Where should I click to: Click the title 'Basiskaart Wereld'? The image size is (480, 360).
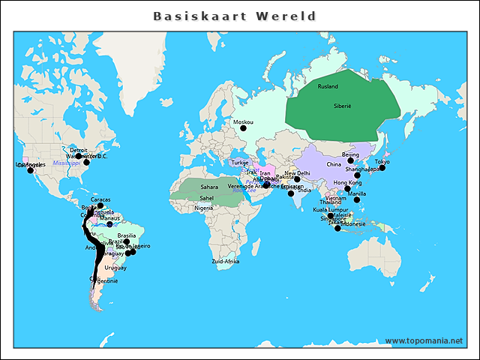pyautogui.click(x=235, y=16)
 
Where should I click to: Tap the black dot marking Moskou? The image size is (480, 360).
pyautogui.click(x=243, y=128)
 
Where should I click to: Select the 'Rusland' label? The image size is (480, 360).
pyautogui.click(x=328, y=86)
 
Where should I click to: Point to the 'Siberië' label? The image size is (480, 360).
pyautogui.click(x=342, y=106)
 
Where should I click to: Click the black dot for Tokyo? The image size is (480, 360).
pyautogui.click(x=382, y=168)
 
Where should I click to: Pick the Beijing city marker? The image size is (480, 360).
pyautogui.click(x=350, y=160)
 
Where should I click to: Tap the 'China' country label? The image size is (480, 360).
pyautogui.click(x=333, y=164)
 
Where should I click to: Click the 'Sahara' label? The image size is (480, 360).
pyautogui.click(x=208, y=187)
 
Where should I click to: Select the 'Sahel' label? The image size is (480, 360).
pyautogui.click(x=206, y=198)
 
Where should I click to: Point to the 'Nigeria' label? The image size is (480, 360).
pyautogui.click(x=203, y=208)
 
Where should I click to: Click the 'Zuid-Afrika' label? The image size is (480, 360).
pyautogui.click(x=225, y=261)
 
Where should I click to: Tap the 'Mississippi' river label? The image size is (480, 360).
pyautogui.click(x=66, y=163)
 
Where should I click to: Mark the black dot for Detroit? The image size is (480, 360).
pyautogui.click(x=79, y=156)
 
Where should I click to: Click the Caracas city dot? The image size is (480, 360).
pyautogui.click(x=100, y=205)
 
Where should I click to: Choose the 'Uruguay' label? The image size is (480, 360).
pyautogui.click(x=115, y=268)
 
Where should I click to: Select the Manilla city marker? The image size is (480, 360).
pyautogui.click(x=357, y=199)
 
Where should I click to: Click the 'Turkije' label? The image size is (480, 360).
pyautogui.click(x=239, y=163)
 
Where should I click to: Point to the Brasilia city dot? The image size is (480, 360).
pyautogui.click(x=126, y=241)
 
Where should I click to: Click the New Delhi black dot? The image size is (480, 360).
pyautogui.click(x=297, y=179)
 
